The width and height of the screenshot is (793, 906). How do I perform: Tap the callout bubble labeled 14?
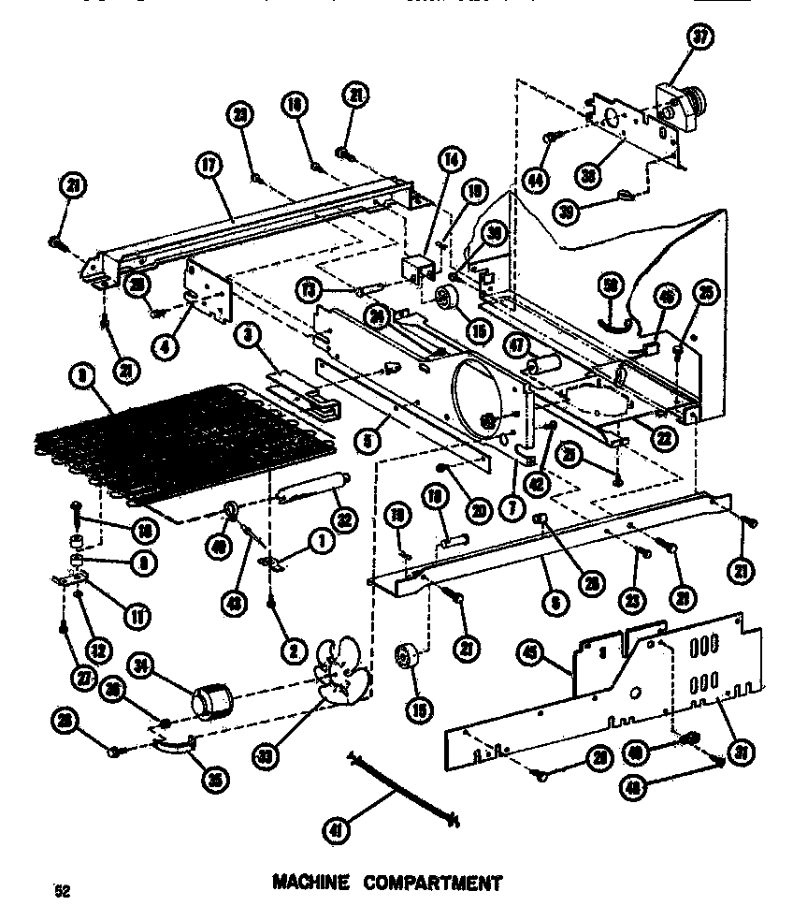pyautogui.click(x=452, y=159)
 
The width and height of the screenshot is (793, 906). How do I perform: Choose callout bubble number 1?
pyautogui.click(x=321, y=540)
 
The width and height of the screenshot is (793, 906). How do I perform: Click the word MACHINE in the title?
pyautogui.click(x=311, y=883)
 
